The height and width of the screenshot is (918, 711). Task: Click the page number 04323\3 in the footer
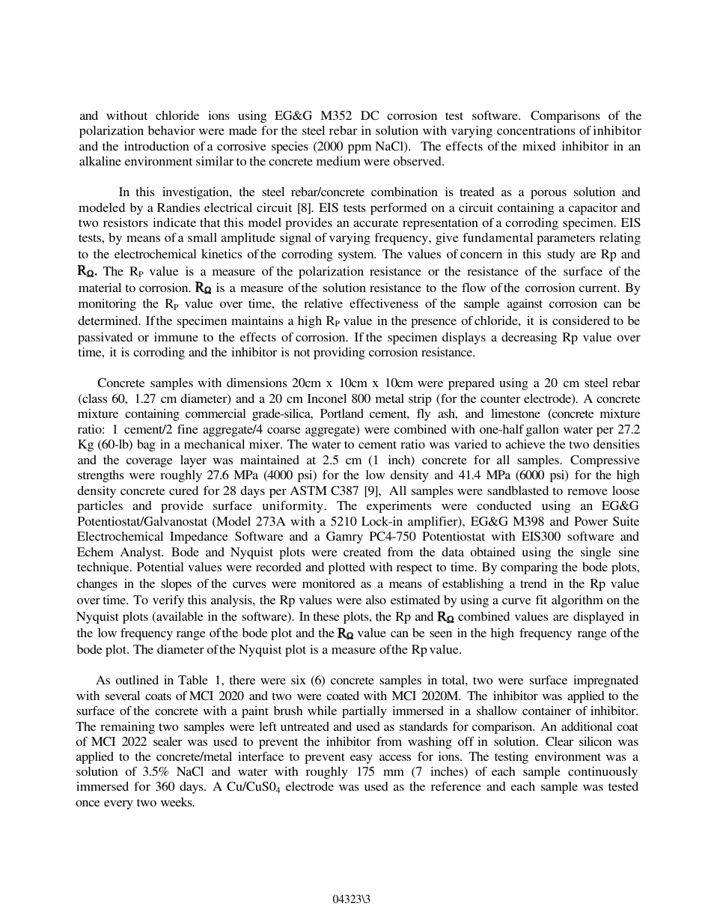pyautogui.click(x=351, y=899)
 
